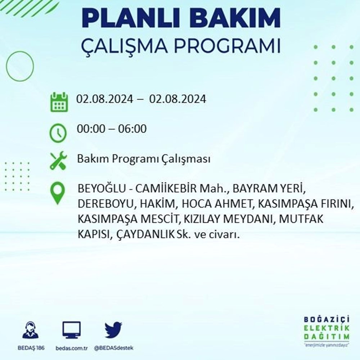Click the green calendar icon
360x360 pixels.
point(59,102)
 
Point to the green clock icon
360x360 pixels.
point(58,133)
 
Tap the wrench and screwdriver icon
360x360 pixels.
point(58,160)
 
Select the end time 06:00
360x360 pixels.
point(132,129)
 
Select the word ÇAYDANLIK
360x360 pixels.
point(146,234)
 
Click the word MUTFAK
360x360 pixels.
point(301,219)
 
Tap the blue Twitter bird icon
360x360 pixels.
point(113,330)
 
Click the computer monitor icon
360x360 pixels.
point(72,330)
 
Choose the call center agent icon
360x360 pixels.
point(31,330)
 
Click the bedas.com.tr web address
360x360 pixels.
point(72,348)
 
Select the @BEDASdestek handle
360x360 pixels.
point(114,348)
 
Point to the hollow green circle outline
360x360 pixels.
point(6,66)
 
